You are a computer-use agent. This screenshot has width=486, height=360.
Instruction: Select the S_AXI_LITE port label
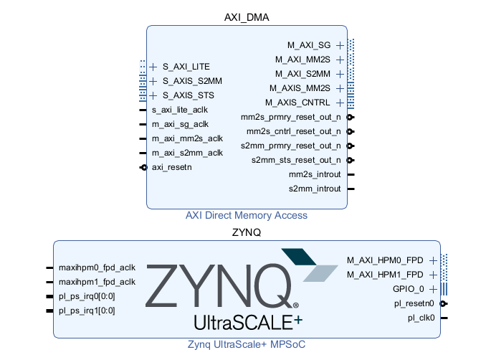186,67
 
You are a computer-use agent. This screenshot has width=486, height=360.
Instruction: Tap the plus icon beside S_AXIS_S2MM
153,81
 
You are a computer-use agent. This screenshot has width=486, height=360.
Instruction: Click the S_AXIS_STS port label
188,95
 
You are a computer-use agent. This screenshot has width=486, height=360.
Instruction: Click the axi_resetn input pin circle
144,167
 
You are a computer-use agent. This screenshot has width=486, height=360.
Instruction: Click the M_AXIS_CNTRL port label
303,103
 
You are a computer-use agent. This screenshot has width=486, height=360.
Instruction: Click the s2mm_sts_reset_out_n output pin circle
349,160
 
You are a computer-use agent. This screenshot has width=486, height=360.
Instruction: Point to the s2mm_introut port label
315,189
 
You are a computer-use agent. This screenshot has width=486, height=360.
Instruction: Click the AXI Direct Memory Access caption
247,215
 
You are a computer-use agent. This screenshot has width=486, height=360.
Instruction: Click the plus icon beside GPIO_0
433,289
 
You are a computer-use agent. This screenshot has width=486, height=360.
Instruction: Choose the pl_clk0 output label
422,318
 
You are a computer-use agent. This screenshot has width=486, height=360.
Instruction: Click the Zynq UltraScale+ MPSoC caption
247,345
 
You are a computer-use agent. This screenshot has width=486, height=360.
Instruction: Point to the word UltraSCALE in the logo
242,320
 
